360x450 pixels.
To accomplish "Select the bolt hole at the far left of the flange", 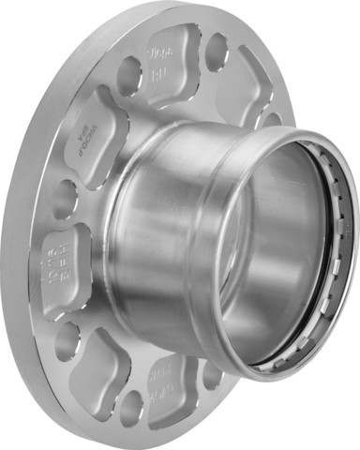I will [62, 199].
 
